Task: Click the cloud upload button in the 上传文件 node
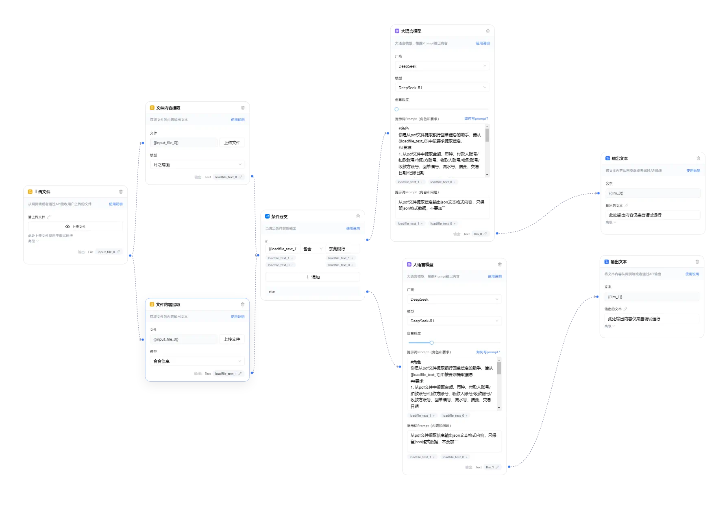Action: (75, 227)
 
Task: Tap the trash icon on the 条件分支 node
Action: (358, 216)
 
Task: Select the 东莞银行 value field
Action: (343, 249)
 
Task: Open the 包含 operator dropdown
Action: (313, 249)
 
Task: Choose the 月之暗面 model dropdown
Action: (197, 164)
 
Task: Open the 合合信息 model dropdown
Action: (197, 361)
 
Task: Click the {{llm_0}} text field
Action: (652, 193)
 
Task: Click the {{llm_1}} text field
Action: (651, 297)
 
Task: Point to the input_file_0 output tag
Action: (107, 252)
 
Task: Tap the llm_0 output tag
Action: (478, 234)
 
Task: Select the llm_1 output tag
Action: (490, 467)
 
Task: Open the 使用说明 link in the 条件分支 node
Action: (353, 228)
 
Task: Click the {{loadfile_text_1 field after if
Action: (283, 249)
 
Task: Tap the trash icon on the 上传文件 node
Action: (121, 192)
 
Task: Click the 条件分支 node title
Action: (279, 216)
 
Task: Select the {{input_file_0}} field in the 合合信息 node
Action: (183, 339)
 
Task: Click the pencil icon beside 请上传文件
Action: (49, 217)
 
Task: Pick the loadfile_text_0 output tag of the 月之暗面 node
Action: (226, 177)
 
